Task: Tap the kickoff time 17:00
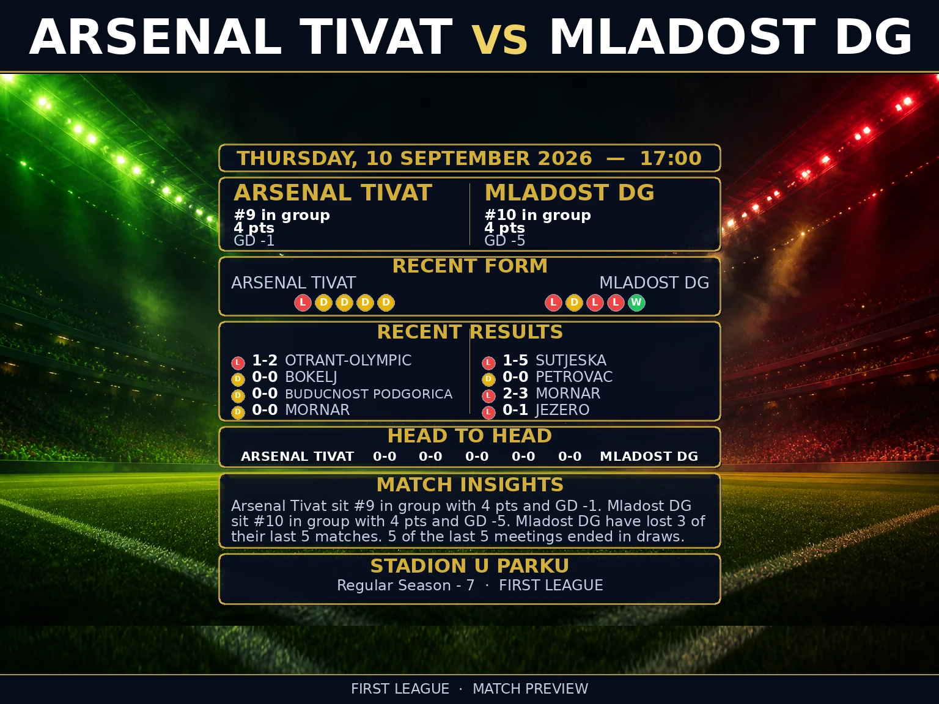[671, 158]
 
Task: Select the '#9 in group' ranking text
[282, 215]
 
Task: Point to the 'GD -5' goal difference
[504, 241]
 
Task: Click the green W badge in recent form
[636, 302]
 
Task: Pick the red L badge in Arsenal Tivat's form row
[303, 302]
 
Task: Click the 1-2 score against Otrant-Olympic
[265, 361]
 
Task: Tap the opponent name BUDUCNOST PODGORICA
[369, 394]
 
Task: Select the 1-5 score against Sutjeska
[515, 361]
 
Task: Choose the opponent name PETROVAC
[574, 377]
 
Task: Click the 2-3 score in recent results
[515, 393]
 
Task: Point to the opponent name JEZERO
[562, 410]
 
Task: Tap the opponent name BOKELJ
[311, 377]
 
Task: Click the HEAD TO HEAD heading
[469, 436]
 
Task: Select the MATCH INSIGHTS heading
[469, 485]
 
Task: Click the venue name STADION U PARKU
[469, 566]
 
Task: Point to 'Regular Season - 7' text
[405, 585]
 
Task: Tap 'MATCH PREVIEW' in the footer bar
[531, 689]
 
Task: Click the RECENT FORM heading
[469, 266]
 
